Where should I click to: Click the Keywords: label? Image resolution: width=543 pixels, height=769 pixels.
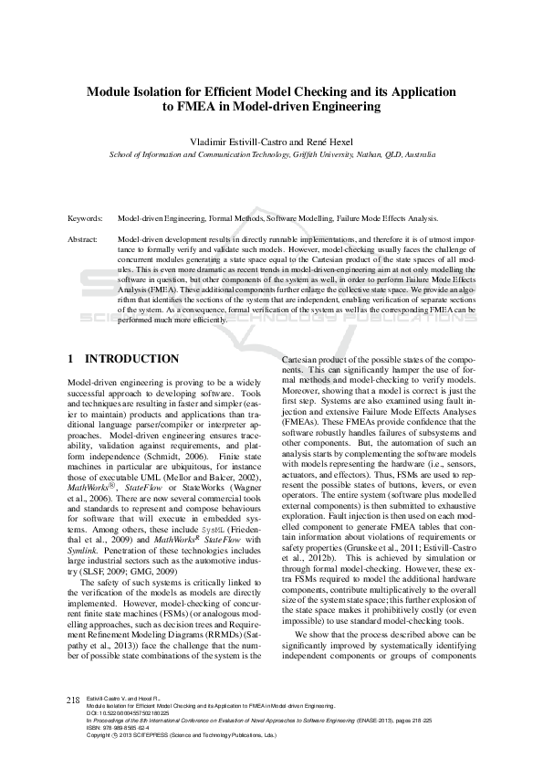click(x=87, y=219)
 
